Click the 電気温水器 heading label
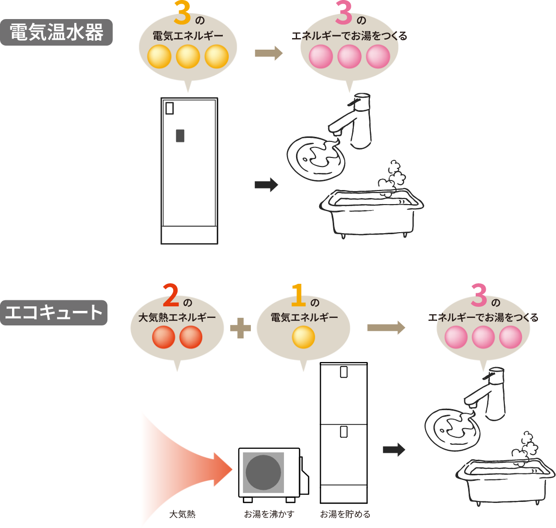(x=56, y=33)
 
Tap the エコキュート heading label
(x=54, y=312)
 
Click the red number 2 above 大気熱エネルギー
(x=171, y=295)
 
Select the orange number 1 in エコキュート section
(x=298, y=295)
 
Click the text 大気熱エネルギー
(x=177, y=317)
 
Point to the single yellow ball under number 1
(x=303, y=337)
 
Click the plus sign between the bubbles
(x=240, y=328)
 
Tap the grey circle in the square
(x=263, y=473)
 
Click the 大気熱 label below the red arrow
(x=182, y=514)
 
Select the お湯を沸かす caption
(x=269, y=514)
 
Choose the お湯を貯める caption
(x=345, y=514)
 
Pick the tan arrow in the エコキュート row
(x=386, y=327)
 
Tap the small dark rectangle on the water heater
(x=180, y=135)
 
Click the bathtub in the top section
(x=371, y=211)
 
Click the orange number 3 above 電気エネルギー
(x=183, y=14)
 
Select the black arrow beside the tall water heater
(x=266, y=185)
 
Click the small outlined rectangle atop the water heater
(x=170, y=108)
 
